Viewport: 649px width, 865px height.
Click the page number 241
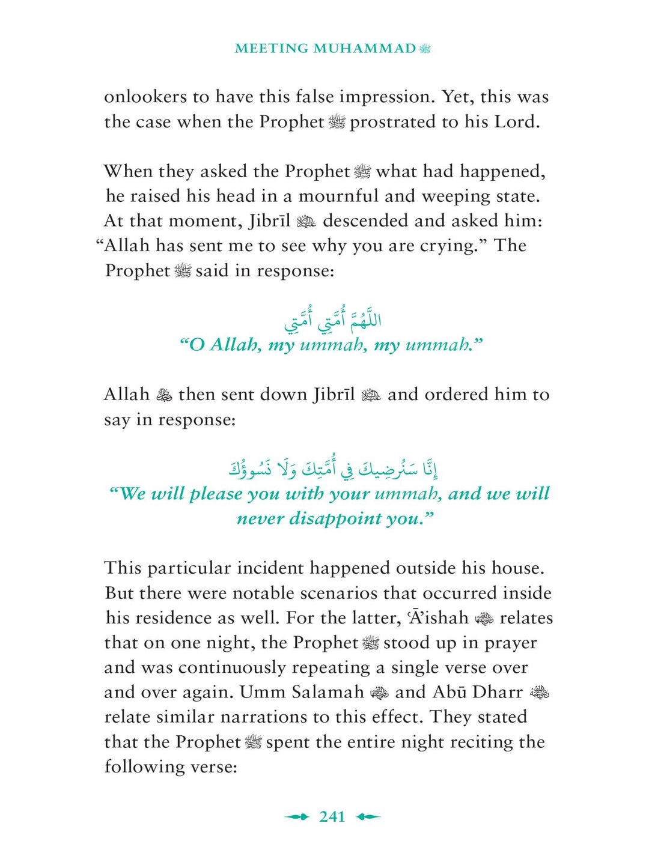pos(332,816)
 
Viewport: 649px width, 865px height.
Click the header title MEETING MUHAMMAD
pos(325,49)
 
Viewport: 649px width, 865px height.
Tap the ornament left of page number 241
pos(296,816)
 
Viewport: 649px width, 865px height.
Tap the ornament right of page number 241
pos(368,816)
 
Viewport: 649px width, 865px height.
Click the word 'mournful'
pos(338,196)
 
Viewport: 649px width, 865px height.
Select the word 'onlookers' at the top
pos(145,97)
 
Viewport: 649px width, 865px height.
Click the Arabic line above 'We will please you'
pos(332,469)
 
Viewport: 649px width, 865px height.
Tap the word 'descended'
pos(366,221)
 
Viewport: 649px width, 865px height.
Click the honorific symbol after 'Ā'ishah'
pos(484,618)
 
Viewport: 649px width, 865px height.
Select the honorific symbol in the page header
pos(425,49)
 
